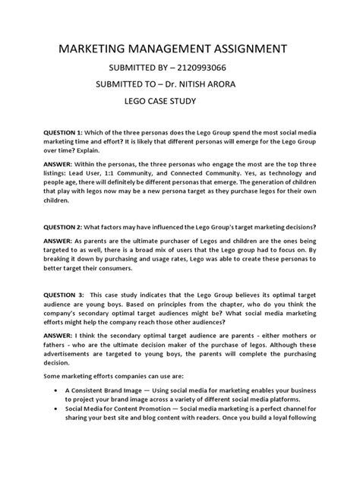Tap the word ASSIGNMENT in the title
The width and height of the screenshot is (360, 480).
tap(245, 51)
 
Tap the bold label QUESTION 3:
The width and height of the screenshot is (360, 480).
tap(57, 294)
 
